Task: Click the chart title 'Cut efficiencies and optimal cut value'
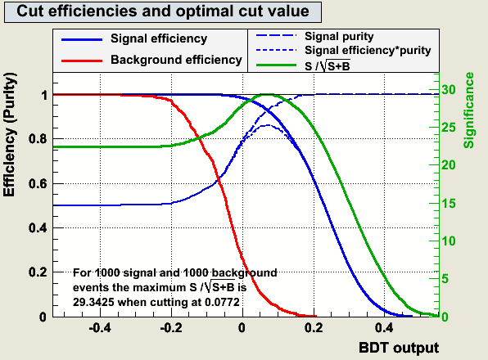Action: click(x=163, y=11)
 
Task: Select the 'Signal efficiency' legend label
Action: click(x=159, y=38)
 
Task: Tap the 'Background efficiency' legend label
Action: click(x=176, y=60)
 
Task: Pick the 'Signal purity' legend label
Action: click(x=339, y=37)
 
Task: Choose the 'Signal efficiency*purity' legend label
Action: click(x=368, y=51)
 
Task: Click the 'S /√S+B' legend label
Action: click(x=328, y=65)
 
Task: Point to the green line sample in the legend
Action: click(x=276, y=65)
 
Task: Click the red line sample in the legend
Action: click(x=82, y=61)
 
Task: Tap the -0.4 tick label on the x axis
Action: click(x=100, y=328)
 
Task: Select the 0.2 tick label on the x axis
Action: click(x=314, y=328)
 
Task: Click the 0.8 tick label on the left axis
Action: click(x=38, y=138)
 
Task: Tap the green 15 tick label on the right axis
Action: click(x=449, y=204)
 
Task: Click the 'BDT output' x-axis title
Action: click(x=399, y=348)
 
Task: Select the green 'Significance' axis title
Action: click(x=468, y=110)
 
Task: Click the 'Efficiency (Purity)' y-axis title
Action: click(x=9, y=134)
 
